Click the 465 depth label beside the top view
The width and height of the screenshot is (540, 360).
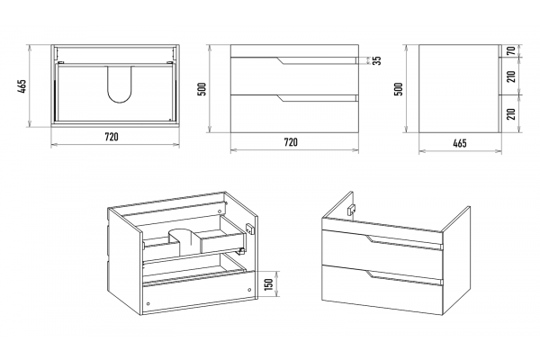coord(22,86)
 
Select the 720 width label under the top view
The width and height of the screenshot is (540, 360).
coord(112,137)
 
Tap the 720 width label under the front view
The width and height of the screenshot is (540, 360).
coord(291,142)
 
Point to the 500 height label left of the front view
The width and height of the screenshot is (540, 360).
coord(202,89)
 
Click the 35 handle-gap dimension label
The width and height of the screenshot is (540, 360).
coord(377,60)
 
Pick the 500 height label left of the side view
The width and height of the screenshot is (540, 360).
coord(399,89)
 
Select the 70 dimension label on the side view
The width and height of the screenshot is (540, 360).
coord(512,50)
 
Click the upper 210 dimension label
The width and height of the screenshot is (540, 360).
coord(512,76)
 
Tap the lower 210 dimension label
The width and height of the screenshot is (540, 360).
coord(512,113)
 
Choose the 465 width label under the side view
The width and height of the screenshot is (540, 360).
coord(460,143)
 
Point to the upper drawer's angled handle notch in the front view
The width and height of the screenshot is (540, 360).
coord(281,60)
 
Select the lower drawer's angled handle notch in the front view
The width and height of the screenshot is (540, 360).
coord(281,98)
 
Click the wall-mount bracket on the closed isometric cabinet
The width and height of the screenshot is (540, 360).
coord(352,210)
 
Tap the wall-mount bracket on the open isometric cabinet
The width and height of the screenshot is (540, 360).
coord(249,228)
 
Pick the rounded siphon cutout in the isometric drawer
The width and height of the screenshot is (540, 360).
coord(184,241)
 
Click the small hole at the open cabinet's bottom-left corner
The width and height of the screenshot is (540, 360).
coord(148,304)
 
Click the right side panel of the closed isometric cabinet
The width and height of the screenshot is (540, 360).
coord(456,261)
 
